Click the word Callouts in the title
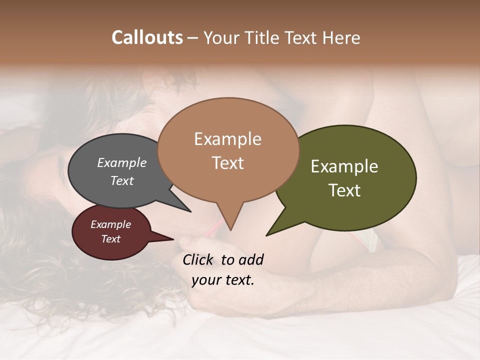pos(147,37)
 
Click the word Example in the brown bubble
pos(227,139)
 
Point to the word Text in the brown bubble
pos(228,163)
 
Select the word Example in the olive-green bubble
pos(344,166)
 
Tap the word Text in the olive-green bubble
pos(344,190)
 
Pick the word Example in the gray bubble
pos(122,163)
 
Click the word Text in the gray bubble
pos(122,180)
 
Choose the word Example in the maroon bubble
pos(110,224)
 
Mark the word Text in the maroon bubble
pos(110,239)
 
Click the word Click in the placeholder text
pos(198,259)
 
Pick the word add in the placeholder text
pos(251,259)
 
